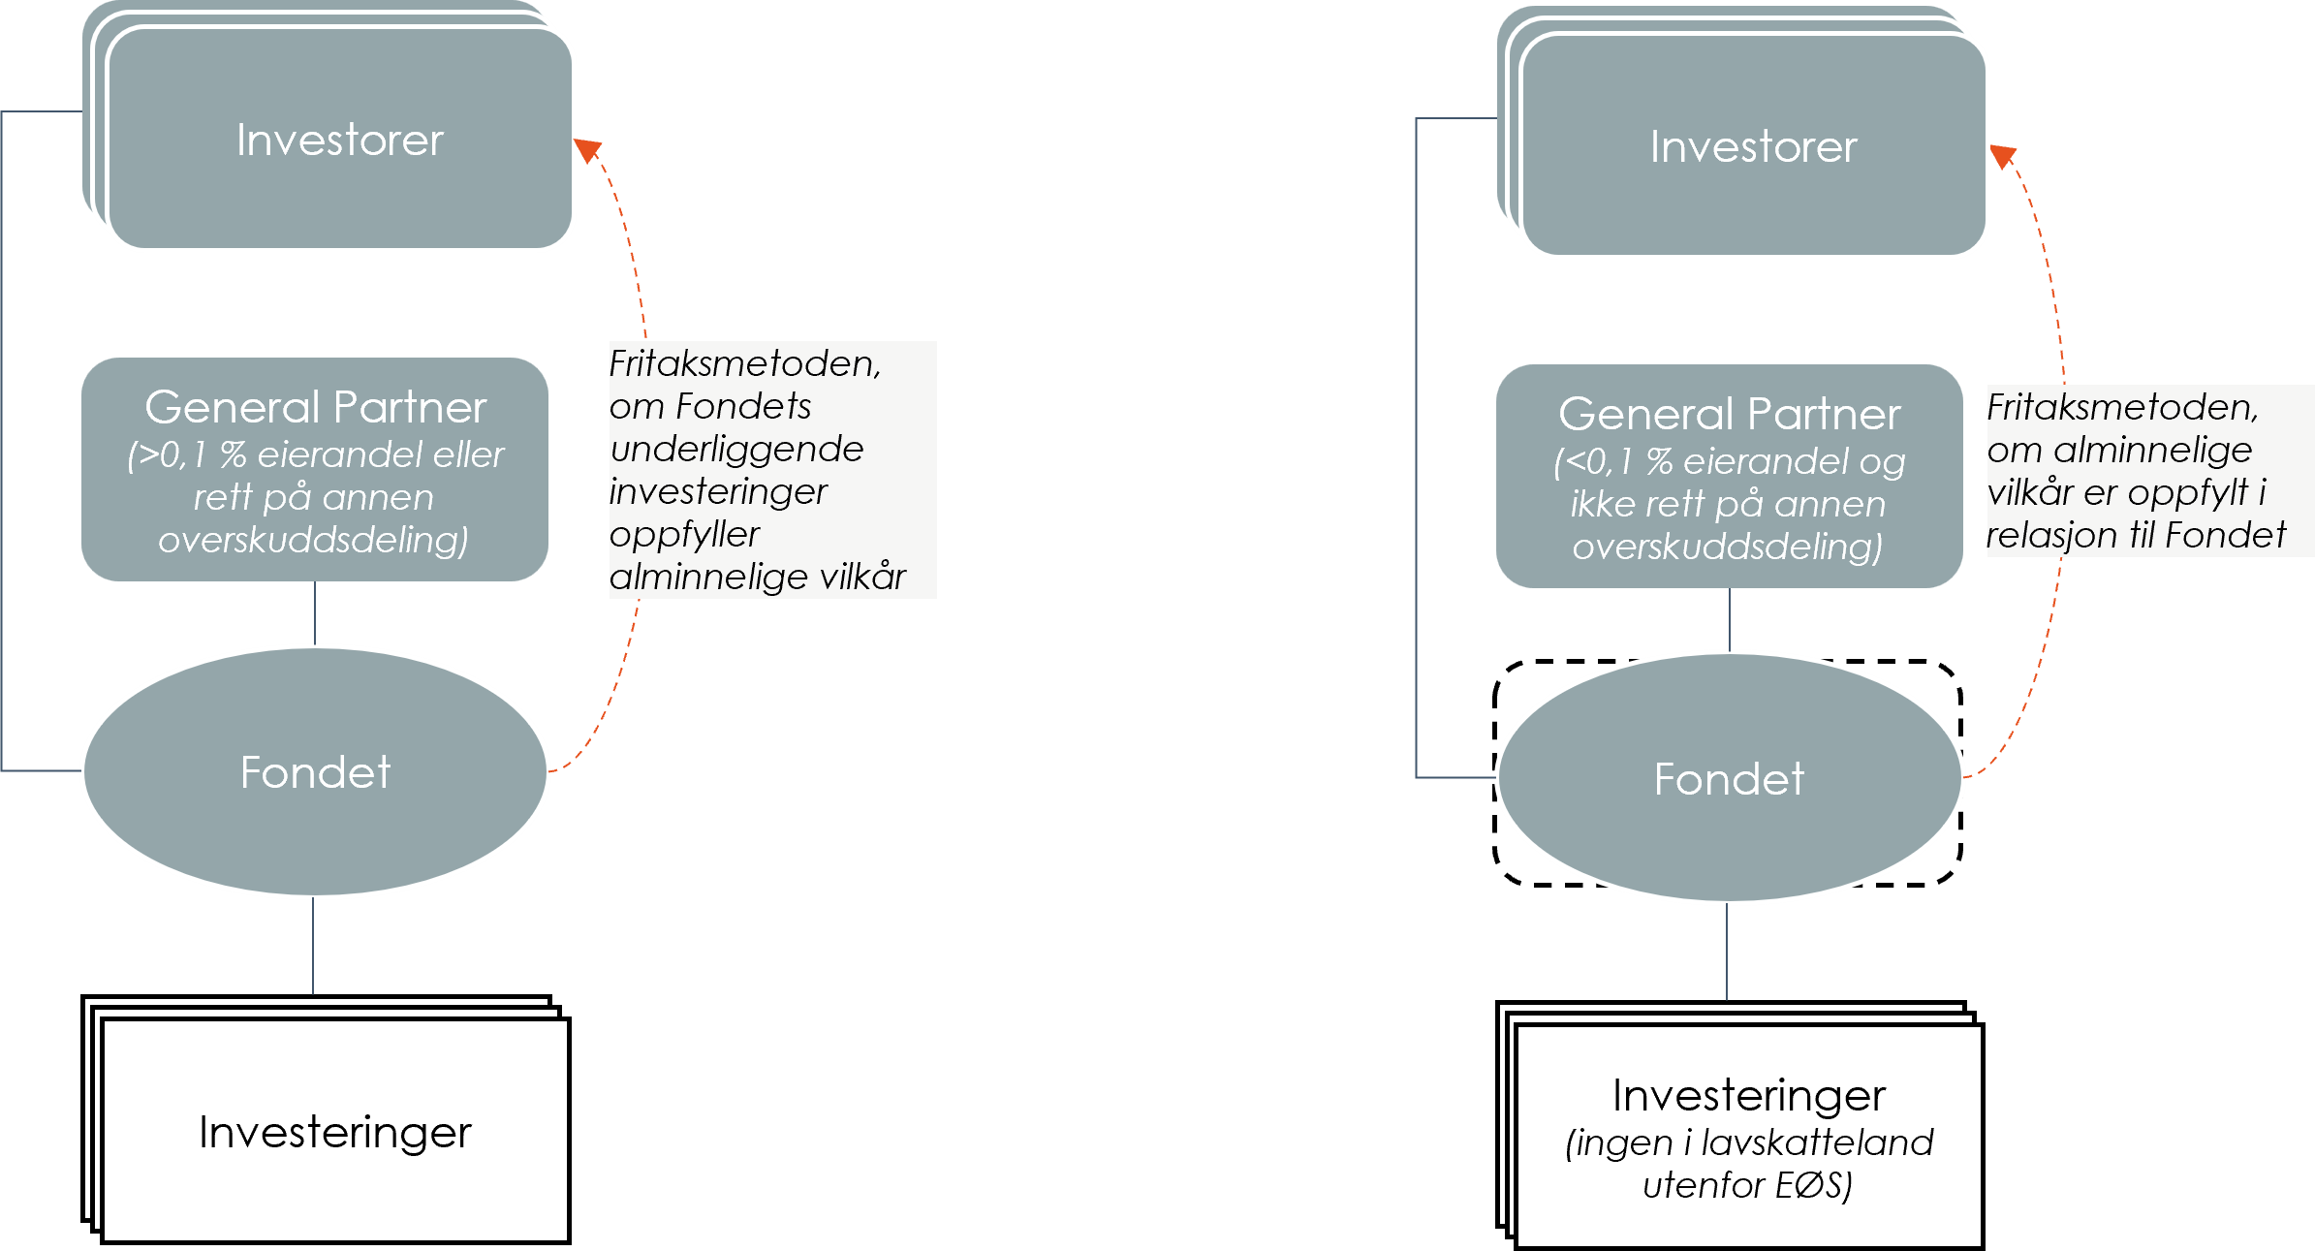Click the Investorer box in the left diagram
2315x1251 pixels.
pyautogui.click(x=339, y=140)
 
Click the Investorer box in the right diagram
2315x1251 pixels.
pyautogui.click(x=1754, y=146)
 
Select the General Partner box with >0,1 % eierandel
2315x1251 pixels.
pyautogui.click(x=315, y=470)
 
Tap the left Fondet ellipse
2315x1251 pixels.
pyautogui.click(x=315, y=772)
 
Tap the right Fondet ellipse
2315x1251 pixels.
pyautogui.click(x=1729, y=779)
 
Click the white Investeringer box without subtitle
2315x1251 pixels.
pyautogui.click(x=334, y=1132)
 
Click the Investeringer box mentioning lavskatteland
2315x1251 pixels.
pyautogui.click(x=1748, y=1135)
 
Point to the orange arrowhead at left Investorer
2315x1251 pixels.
pyautogui.click(x=587, y=150)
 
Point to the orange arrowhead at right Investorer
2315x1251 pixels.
pyautogui.click(x=2002, y=156)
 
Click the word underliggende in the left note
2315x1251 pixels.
pyautogui.click(x=736, y=449)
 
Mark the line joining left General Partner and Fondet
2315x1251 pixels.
pyautogui.click(x=315, y=613)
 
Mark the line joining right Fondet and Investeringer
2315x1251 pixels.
pyautogui.click(x=1727, y=952)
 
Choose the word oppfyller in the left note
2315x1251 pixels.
pyautogui.click(x=684, y=534)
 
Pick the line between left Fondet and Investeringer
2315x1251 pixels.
pyautogui.click(x=313, y=946)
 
